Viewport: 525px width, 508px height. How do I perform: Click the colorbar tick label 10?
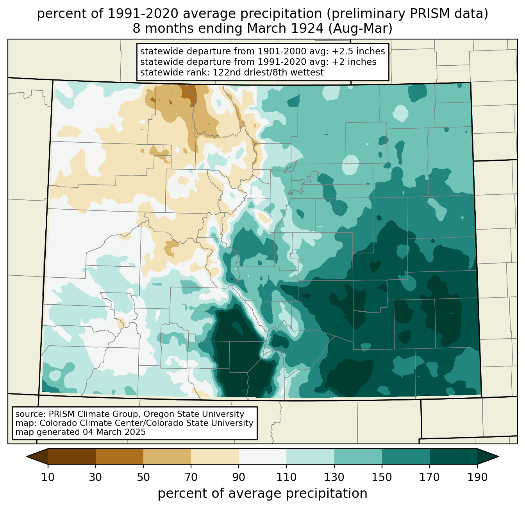coord(48,477)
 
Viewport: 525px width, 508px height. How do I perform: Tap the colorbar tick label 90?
coord(239,477)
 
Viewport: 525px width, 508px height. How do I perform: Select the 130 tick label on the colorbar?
coord(334,477)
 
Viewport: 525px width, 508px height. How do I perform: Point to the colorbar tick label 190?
coord(477,477)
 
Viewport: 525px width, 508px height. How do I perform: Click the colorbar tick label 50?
coord(143,477)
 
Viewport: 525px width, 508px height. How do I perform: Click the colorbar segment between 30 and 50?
coord(120,456)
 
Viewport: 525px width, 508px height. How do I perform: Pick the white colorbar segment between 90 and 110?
coord(262,456)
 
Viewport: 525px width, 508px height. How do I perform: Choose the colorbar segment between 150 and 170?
coord(406,456)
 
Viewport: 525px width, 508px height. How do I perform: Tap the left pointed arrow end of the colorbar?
coord(27,456)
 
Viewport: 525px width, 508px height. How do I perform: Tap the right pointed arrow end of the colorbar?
coord(498,456)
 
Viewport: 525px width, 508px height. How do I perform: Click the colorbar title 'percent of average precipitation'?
coord(262,494)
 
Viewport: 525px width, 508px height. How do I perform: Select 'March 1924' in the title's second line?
coord(285,29)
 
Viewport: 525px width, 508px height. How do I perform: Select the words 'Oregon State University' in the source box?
coord(194,414)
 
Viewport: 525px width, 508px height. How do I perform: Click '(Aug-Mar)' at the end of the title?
coord(360,29)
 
